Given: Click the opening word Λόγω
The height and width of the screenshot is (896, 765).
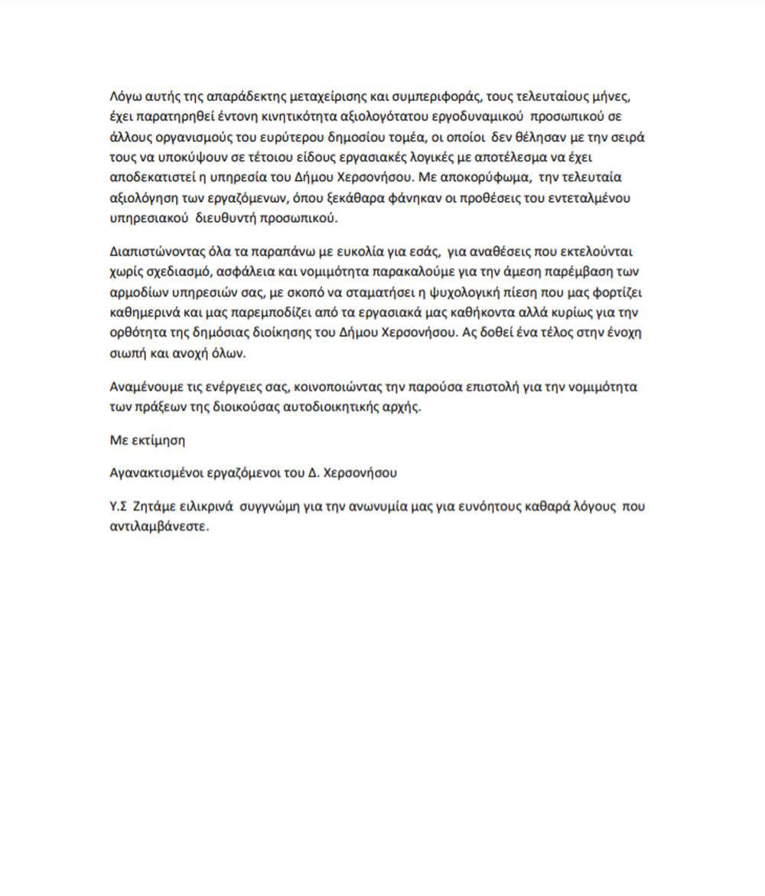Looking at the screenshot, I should point(125,98).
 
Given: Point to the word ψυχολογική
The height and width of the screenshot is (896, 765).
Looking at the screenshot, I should point(443,292).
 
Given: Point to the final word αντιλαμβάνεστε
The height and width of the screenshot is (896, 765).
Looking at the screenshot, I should point(159,527).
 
